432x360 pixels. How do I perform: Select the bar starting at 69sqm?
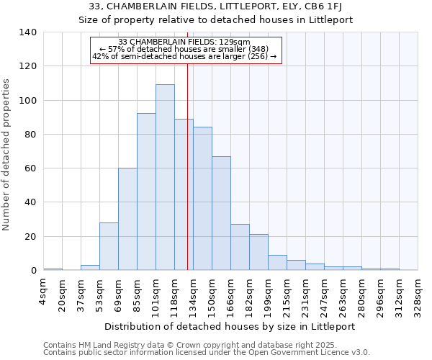(127, 219)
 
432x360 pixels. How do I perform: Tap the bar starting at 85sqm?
(146, 192)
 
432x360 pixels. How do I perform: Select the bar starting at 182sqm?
(258, 252)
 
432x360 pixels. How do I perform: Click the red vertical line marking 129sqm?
(187, 180)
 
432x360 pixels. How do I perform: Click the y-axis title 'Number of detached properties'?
(7, 154)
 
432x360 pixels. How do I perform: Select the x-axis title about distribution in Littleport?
(230, 326)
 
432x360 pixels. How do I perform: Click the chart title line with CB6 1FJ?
(216, 7)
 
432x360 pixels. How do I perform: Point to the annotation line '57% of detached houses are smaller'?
(185, 49)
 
